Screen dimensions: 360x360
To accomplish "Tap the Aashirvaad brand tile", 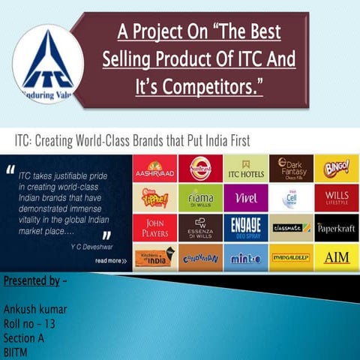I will [154, 169].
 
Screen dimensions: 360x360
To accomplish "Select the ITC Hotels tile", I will [245, 169].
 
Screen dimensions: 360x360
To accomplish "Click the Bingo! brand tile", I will [336, 169].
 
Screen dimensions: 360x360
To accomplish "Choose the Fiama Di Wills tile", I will [200, 198].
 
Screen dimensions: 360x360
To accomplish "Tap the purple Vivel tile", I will [245, 198].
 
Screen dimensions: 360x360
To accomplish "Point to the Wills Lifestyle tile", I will [336, 198].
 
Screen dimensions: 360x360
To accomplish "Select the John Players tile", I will [154, 227].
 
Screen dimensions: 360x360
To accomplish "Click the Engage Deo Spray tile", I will [245, 227].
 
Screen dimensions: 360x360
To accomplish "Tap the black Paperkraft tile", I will [336, 227].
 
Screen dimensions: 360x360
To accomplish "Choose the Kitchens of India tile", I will [154, 256].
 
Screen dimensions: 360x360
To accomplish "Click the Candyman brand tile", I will [200, 256].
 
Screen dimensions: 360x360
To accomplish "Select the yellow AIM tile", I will [336, 256].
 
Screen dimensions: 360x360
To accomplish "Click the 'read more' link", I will [110, 260].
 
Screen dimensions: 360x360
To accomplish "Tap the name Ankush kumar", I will [35, 308].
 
